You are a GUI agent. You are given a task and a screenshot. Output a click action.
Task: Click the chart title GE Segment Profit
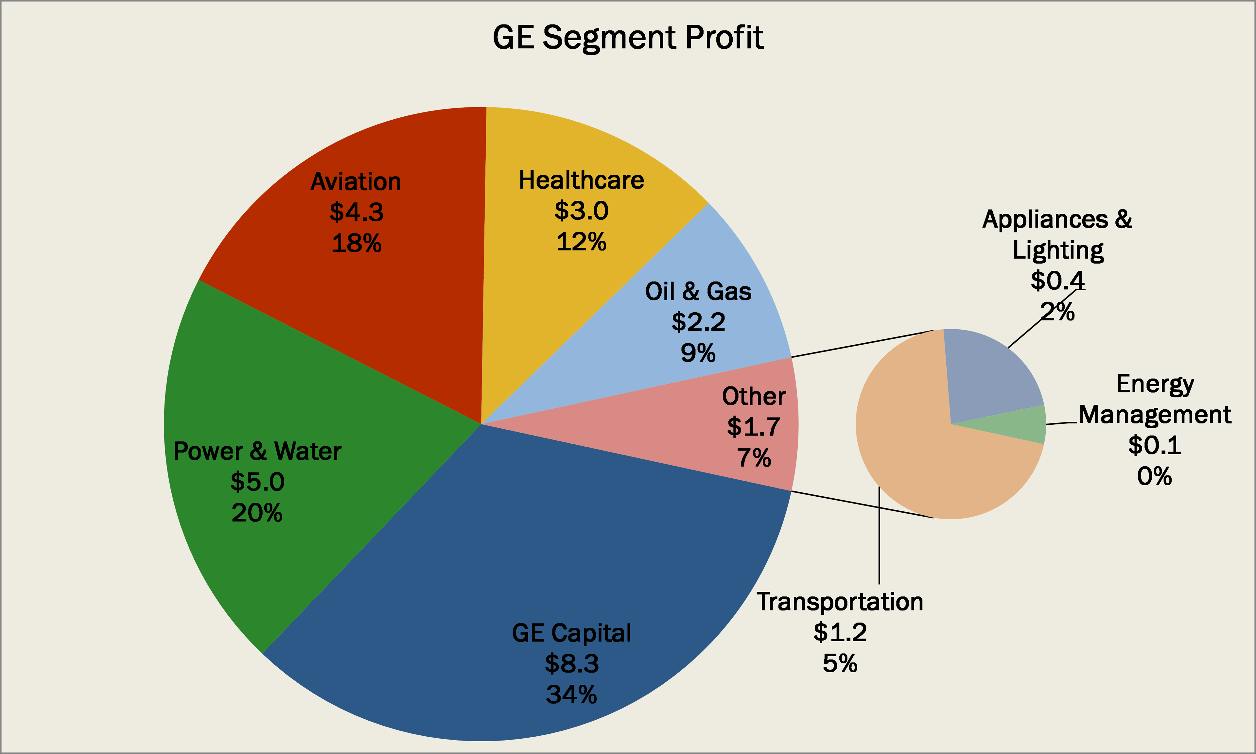tap(628, 38)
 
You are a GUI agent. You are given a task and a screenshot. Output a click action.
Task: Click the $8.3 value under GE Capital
tap(572, 663)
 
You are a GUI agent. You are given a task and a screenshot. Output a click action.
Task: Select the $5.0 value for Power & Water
tap(257, 482)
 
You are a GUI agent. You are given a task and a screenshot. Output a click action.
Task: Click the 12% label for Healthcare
tap(581, 242)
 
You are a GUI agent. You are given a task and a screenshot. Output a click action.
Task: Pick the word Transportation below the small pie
tap(840, 602)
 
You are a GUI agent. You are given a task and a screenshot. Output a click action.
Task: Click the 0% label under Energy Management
tap(1154, 477)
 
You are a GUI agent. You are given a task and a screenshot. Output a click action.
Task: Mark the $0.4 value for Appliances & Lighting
tap(1057, 281)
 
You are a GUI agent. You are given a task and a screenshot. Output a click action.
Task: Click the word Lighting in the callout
tap(1058, 250)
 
